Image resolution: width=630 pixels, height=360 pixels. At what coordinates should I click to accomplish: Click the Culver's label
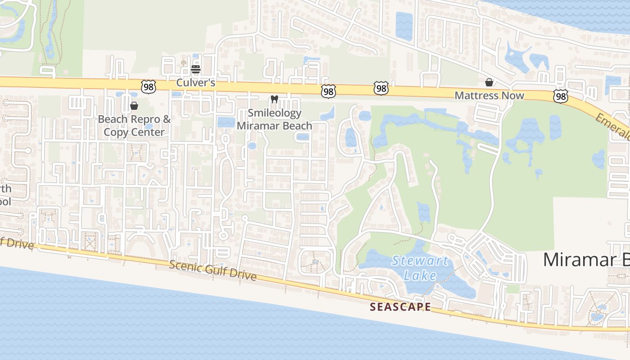(196, 83)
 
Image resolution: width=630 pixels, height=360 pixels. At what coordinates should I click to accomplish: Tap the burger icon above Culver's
(196, 69)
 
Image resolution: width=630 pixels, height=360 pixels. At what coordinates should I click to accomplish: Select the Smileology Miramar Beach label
(274, 119)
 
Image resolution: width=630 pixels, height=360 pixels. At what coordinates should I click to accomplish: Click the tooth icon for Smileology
(274, 99)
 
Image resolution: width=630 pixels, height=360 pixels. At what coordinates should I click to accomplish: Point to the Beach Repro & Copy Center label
(134, 126)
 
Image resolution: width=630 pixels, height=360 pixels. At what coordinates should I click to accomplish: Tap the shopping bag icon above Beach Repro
(134, 106)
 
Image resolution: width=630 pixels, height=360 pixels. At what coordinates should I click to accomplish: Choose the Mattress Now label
(489, 95)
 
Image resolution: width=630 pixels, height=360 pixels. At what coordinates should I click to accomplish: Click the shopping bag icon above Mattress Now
(489, 82)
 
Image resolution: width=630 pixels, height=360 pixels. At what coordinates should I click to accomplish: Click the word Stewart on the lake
(419, 261)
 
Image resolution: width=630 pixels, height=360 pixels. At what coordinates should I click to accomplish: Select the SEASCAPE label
(400, 307)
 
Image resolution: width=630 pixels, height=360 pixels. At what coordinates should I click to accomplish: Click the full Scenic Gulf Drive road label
(212, 270)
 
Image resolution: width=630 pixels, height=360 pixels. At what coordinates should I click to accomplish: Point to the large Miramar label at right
(585, 260)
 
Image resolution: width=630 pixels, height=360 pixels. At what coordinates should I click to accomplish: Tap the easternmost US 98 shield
(561, 96)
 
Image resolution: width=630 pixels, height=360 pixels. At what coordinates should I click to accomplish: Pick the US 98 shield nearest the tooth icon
(328, 91)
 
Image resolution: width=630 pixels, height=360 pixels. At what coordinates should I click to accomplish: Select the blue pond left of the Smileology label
(226, 122)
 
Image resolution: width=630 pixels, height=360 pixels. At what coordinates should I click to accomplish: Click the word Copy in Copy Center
(116, 132)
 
